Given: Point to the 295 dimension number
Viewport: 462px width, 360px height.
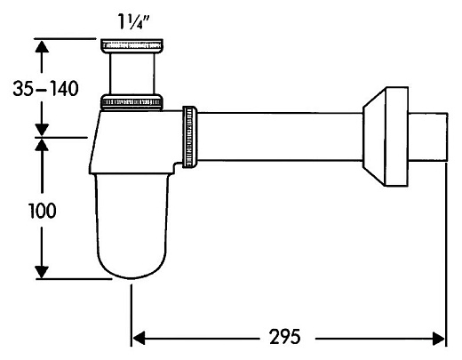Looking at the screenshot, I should coord(283,338).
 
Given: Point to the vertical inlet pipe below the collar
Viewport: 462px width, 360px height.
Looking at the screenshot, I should coord(133,73).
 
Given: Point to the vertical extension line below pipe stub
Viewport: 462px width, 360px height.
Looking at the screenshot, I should coord(444,249).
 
